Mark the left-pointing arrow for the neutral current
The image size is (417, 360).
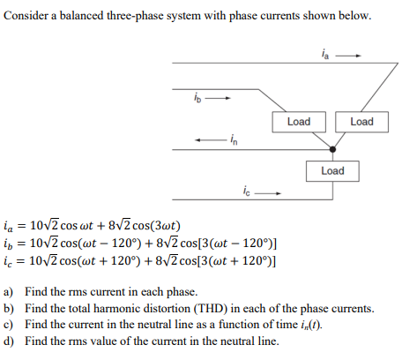click(x=208, y=138)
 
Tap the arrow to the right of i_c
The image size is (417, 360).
click(x=270, y=190)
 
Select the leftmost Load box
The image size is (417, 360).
click(x=299, y=122)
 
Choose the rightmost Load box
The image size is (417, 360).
click(x=361, y=122)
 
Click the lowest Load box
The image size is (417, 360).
click(x=332, y=170)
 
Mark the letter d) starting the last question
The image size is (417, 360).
click(x=9, y=341)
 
